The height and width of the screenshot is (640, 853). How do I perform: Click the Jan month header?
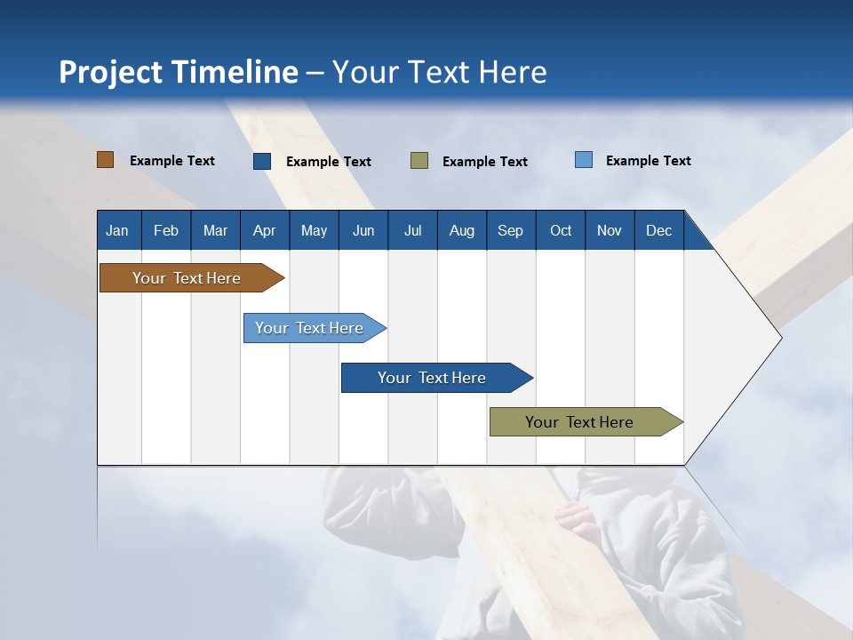pyautogui.click(x=117, y=231)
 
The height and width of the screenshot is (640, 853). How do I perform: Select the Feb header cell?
pyautogui.click(x=166, y=231)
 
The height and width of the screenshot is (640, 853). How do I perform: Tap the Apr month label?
pyautogui.click(x=264, y=231)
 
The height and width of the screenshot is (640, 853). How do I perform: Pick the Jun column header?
pyautogui.click(x=363, y=231)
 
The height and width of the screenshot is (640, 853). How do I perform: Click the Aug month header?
pyautogui.click(x=461, y=231)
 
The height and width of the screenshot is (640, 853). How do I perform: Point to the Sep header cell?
pyautogui.click(x=510, y=231)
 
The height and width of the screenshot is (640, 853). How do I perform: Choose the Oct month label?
pyautogui.click(x=561, y=231)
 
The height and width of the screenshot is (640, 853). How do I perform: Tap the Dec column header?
pyautogui.click(x=658, y=231)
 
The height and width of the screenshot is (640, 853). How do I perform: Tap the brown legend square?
pyautogui.click(x=106, y=160)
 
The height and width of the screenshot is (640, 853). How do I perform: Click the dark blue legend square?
pyautogui.click(x=262, y=161)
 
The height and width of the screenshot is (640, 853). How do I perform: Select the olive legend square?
pyautogui.click(x=419, y=161)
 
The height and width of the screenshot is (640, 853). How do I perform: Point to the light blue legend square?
pyautogui.click(x=584, y=160)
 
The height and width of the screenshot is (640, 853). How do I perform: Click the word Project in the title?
pyautogui.click(x=110, y=72)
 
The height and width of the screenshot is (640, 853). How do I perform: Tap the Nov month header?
pyautogui.click(x=610, y=231)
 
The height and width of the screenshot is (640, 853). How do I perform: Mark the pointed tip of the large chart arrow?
pyautogui.click(x=780, y=338)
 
